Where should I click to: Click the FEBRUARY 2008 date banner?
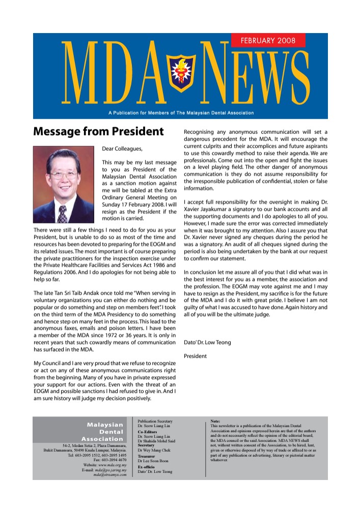(268, 40)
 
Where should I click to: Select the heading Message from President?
(98, 132)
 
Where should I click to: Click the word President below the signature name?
(195, 356)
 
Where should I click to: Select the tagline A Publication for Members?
(180, 112)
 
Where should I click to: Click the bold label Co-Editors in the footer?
(147, 432)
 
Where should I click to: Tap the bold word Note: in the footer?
(215, 421)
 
